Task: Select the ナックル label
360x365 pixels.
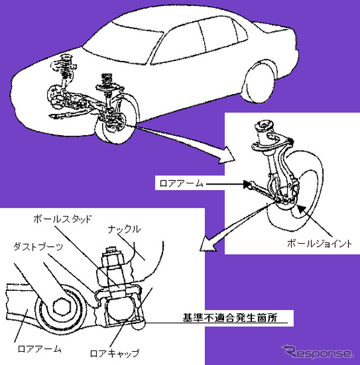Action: (x=124, y=229)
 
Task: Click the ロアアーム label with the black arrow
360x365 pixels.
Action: (x=181, y=180)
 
